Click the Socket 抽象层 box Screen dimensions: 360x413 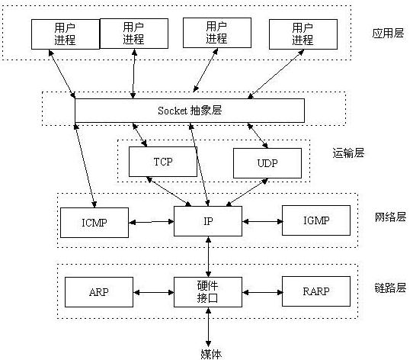190,111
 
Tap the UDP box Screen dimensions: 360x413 267,163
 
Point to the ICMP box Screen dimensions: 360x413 94,222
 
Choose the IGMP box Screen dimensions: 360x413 315,221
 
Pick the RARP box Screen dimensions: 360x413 316,291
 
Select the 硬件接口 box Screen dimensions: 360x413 207,291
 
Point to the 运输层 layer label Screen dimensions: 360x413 349,152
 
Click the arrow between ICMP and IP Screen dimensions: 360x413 151,222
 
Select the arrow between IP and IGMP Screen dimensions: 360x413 261,222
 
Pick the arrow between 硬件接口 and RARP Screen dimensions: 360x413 261,291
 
